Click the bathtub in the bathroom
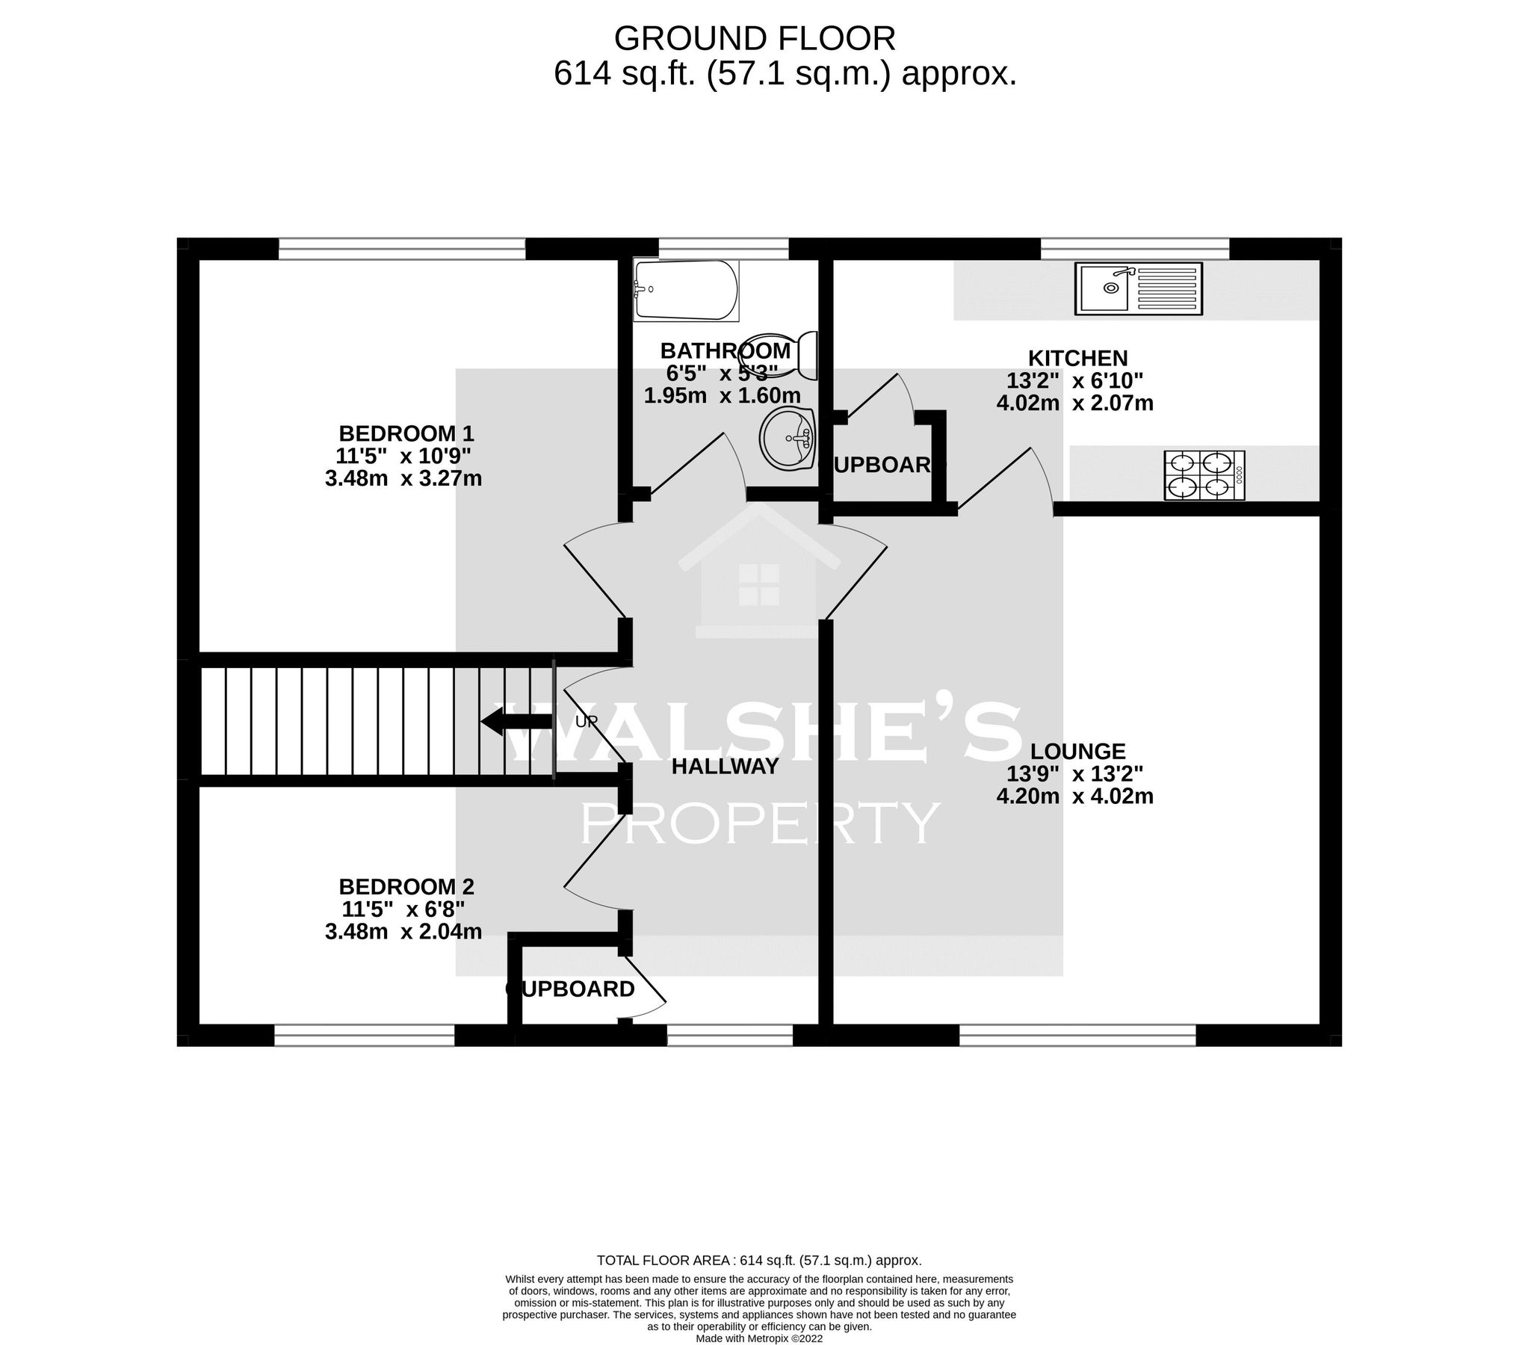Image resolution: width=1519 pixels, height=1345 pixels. [685, 290]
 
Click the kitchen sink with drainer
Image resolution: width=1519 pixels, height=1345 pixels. [1138, 288]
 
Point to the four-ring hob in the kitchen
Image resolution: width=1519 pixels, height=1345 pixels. [1204, 475]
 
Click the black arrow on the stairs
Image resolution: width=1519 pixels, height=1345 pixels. [516, 722]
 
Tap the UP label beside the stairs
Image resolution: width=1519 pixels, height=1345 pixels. [587, 723]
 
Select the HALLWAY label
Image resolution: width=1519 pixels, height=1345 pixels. [725, 766]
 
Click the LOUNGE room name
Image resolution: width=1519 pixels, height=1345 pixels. [1077, 751]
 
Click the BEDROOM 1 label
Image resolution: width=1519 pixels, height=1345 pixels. [406, 433]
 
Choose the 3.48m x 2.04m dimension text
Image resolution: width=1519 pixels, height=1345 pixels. [403, 931]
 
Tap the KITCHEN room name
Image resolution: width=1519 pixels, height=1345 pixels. [1077, 358]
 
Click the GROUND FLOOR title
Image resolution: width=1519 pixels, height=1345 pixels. [754, 38]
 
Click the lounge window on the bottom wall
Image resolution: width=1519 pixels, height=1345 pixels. [1077, 1035]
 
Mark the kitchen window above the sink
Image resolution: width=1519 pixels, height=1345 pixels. [1134, 248]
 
